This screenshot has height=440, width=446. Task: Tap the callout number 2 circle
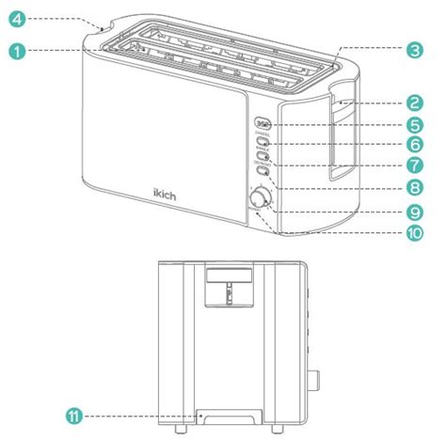coord(411,103)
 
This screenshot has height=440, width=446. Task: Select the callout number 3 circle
coord(411,53)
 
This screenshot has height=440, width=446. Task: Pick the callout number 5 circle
coord(411,124)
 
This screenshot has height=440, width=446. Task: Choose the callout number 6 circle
coord(411,146)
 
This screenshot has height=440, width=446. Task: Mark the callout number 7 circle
coord(411,166)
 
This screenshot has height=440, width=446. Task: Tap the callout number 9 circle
coord(411,212)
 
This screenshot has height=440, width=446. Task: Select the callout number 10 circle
coord(411,233)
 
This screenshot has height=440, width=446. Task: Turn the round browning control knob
coord(258,197)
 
